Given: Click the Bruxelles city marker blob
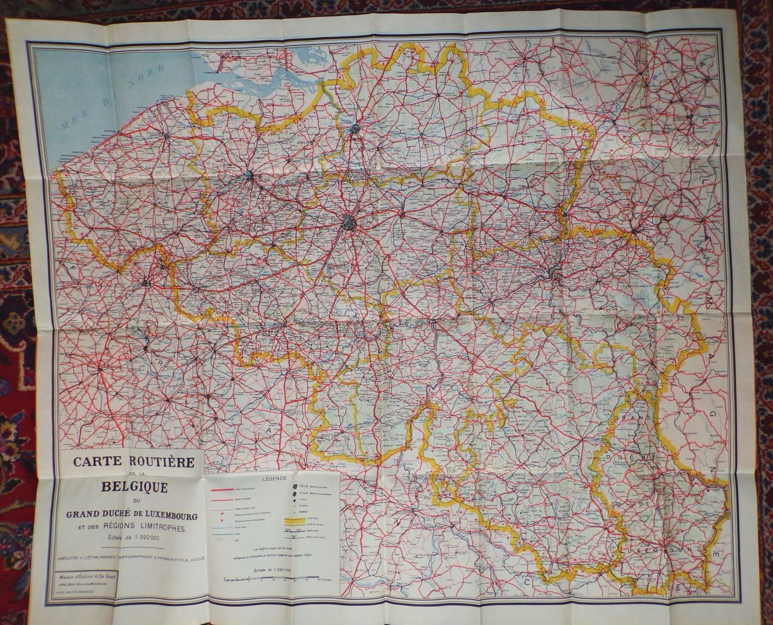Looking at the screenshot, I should tap(350, 223).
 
